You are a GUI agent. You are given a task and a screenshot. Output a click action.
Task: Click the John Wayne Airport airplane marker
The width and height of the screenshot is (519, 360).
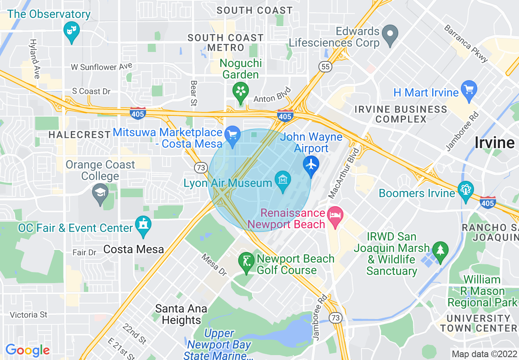tap(312, 164)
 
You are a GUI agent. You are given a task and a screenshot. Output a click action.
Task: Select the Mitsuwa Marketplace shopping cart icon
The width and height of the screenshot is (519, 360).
tap(233, 134)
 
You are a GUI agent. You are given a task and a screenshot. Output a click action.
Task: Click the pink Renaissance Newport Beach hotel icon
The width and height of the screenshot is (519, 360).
tap(336, 215)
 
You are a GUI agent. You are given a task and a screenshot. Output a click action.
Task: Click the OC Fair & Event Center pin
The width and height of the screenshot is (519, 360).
tap(144, 225)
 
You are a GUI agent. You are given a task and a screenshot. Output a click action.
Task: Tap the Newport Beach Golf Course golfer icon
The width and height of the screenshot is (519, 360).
tap(246, 260)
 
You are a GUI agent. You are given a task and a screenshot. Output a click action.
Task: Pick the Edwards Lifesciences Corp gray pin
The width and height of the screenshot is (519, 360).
tap(390, 33)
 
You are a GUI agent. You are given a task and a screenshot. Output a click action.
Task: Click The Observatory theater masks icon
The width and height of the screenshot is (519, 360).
tap(72, 30)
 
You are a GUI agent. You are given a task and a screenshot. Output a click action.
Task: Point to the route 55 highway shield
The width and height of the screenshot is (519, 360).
tap(326, 67)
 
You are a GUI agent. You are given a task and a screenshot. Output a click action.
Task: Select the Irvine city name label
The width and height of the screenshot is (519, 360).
tap(494, 142)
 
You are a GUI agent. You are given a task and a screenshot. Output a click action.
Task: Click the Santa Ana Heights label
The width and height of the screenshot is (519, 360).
tap(181, 314)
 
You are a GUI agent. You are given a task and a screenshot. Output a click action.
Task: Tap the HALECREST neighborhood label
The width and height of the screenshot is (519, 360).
tap(79, 134)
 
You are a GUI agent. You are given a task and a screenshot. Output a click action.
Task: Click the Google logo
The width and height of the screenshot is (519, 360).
tap(27, 350)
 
